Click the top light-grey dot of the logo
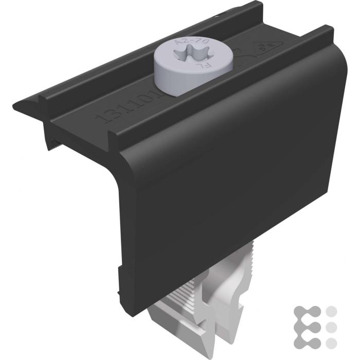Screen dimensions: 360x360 [x=331, y=311]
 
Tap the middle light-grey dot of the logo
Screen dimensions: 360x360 [x=331, y=327]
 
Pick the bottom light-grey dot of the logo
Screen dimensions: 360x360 [x=331, y=342]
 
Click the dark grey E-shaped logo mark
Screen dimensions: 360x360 [x=308, y=327]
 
